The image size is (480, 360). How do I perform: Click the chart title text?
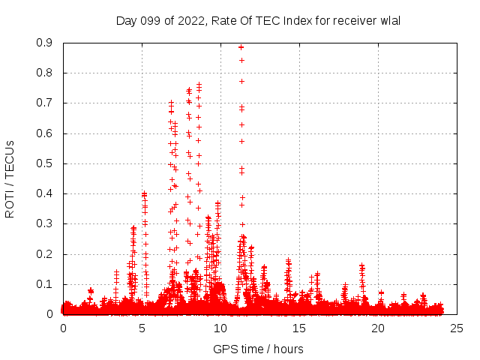pyautogui.click(x=258, y=20)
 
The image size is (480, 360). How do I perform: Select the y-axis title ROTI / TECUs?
pyautogui.click(x=10, y=178)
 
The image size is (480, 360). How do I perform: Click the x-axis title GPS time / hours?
pyautogui.click(x=258, y=349)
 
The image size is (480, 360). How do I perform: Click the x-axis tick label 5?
pyautogui.click(x=142, y=328)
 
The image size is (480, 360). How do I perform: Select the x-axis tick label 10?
pyautogui.click(x=220, y=328)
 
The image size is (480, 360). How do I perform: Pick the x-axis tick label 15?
pyautogui.click(x=299, y=328)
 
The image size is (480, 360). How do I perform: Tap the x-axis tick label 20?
pyautogui.click(x=378, y=328)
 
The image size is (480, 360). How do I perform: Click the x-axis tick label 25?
pyautogui.click(x=457, y=328)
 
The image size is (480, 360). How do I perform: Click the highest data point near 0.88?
pyautogui.click(x=241, y=46)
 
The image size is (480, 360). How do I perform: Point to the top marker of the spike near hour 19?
pyautogui.click(x=361, y=265)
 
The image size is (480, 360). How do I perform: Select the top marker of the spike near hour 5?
pyautogui.click(x=144, y=193)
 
